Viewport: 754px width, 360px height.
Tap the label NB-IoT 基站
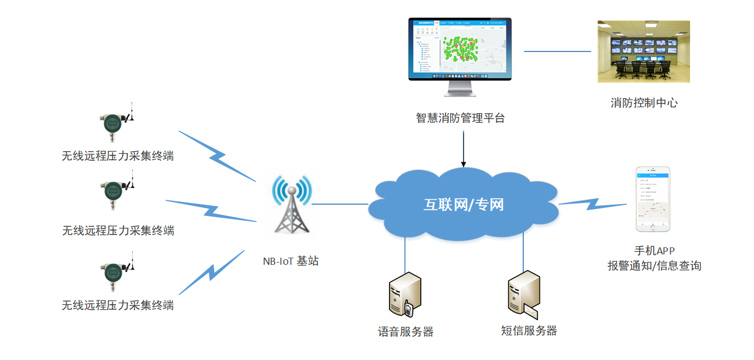(x=291, y=261)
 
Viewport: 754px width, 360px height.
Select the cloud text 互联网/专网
(x=464, y=205)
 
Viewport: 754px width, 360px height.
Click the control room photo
(x=643, y=51)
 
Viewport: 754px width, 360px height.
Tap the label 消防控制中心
(x=644, y=103)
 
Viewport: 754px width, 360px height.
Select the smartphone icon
(x=653, y=199)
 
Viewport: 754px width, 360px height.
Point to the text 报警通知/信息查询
(x=654, y=266)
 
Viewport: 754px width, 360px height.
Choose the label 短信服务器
(x=529, y=331)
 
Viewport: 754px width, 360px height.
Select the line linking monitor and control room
(x=557, y=51)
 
